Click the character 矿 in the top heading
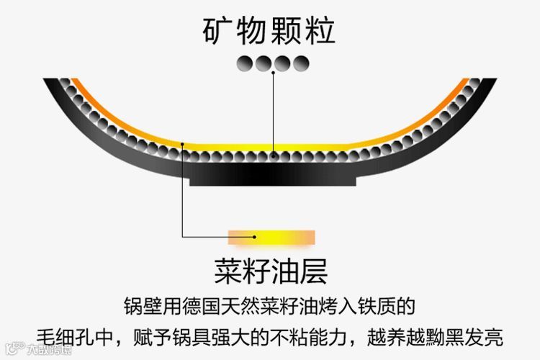(x=218, y=30)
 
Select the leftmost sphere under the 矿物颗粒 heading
(x=246, y=63)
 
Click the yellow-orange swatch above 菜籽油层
(x=271, y=235)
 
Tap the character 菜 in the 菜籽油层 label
(x=228, y=272)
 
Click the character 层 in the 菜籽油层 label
(x=315, y=272)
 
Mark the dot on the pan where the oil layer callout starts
(x=184, y=144)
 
